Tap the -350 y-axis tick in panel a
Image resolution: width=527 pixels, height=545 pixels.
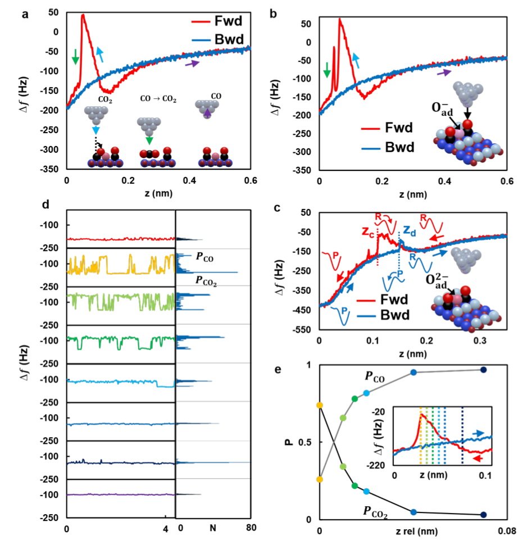pos(49,169)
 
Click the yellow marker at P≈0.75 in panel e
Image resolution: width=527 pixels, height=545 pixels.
pos(319,405)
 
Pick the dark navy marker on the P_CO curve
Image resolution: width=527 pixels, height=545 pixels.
pos(483,369)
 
